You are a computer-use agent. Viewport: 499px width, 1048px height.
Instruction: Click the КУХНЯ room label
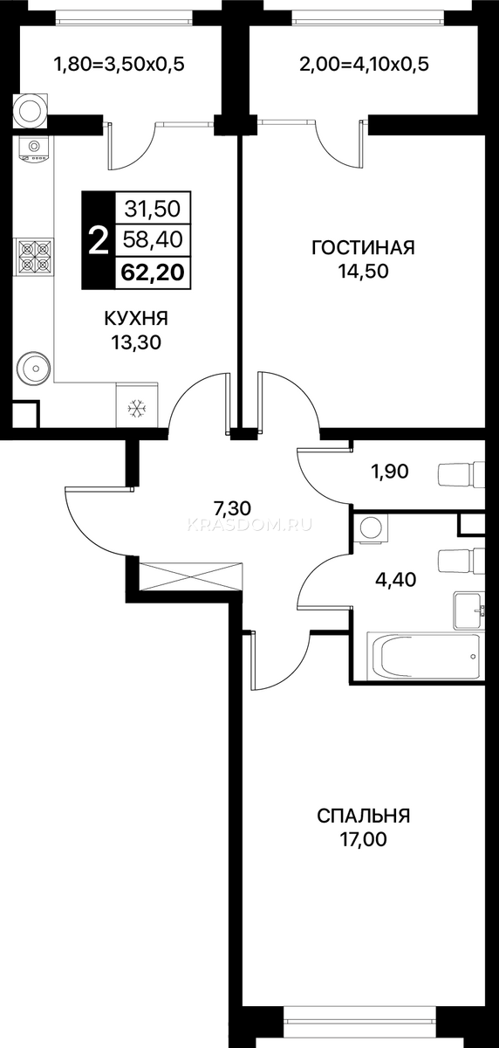136,319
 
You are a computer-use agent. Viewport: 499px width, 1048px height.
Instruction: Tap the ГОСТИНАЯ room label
364,248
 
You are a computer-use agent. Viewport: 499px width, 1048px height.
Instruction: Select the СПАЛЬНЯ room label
364,816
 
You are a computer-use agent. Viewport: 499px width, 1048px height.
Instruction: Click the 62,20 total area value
153,272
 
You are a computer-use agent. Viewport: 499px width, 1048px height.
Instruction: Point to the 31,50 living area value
153,209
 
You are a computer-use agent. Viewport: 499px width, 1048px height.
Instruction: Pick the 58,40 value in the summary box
153,240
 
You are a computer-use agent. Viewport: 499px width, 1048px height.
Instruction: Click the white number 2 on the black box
98,240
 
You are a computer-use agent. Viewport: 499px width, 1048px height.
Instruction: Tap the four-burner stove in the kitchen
36,257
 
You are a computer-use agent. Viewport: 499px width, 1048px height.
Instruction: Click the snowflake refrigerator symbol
137,409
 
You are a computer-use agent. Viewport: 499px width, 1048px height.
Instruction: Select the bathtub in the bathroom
423,656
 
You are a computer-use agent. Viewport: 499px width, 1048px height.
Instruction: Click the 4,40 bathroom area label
396,580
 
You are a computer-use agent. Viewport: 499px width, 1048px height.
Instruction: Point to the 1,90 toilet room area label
390,472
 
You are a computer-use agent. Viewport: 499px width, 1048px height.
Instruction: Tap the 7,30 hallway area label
232,507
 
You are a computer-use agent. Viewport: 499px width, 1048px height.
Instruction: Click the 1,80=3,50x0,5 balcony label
120,65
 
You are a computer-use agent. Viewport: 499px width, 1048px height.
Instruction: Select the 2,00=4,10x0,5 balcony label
364,65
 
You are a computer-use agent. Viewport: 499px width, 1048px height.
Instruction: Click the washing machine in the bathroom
373,528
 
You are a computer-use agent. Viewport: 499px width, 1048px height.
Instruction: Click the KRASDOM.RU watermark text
249,526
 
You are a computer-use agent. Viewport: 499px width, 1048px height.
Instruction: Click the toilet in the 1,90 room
461,475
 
